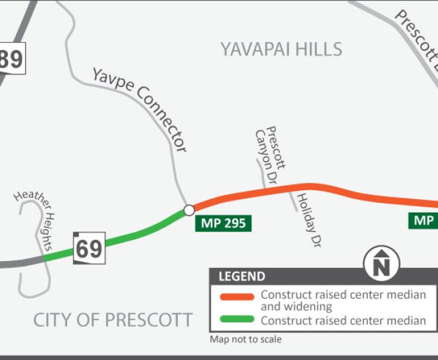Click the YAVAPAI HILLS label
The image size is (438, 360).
pyautogui.click(x=281, y=49)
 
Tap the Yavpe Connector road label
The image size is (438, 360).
pyautogui.click(x=140, y=108)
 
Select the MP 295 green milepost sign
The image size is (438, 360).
pyautogui.click(x=223, y=223)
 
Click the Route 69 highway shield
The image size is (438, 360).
pyautogui.click(x=89, y=248)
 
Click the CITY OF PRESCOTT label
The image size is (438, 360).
pyautogui.click(x=113, y=320)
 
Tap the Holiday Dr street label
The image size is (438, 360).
pyautogui.click(x=307, y=220)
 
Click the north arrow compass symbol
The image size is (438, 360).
pyautogui.click(x=382, y=262)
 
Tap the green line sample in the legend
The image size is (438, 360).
pyautogui.click(x=237, y=320)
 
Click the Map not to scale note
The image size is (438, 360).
pyautogui.click(x=246, y=339)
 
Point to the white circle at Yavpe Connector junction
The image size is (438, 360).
pyautogui.click(x=189, y=210)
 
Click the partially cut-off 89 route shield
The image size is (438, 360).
pyautogui.click(x=11, y=59)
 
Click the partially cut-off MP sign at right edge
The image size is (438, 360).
pyautogui.click(x=424, y=220)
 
